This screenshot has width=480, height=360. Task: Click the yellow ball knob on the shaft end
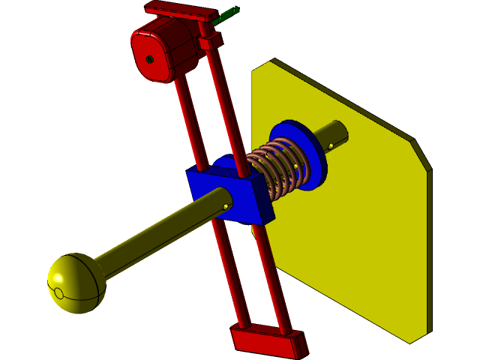[x=76, y=283]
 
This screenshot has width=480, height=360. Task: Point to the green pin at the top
[x=229, y=13]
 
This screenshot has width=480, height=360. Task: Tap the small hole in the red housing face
[x=150, y=59]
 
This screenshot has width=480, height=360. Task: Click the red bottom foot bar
[x=270, y=341]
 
